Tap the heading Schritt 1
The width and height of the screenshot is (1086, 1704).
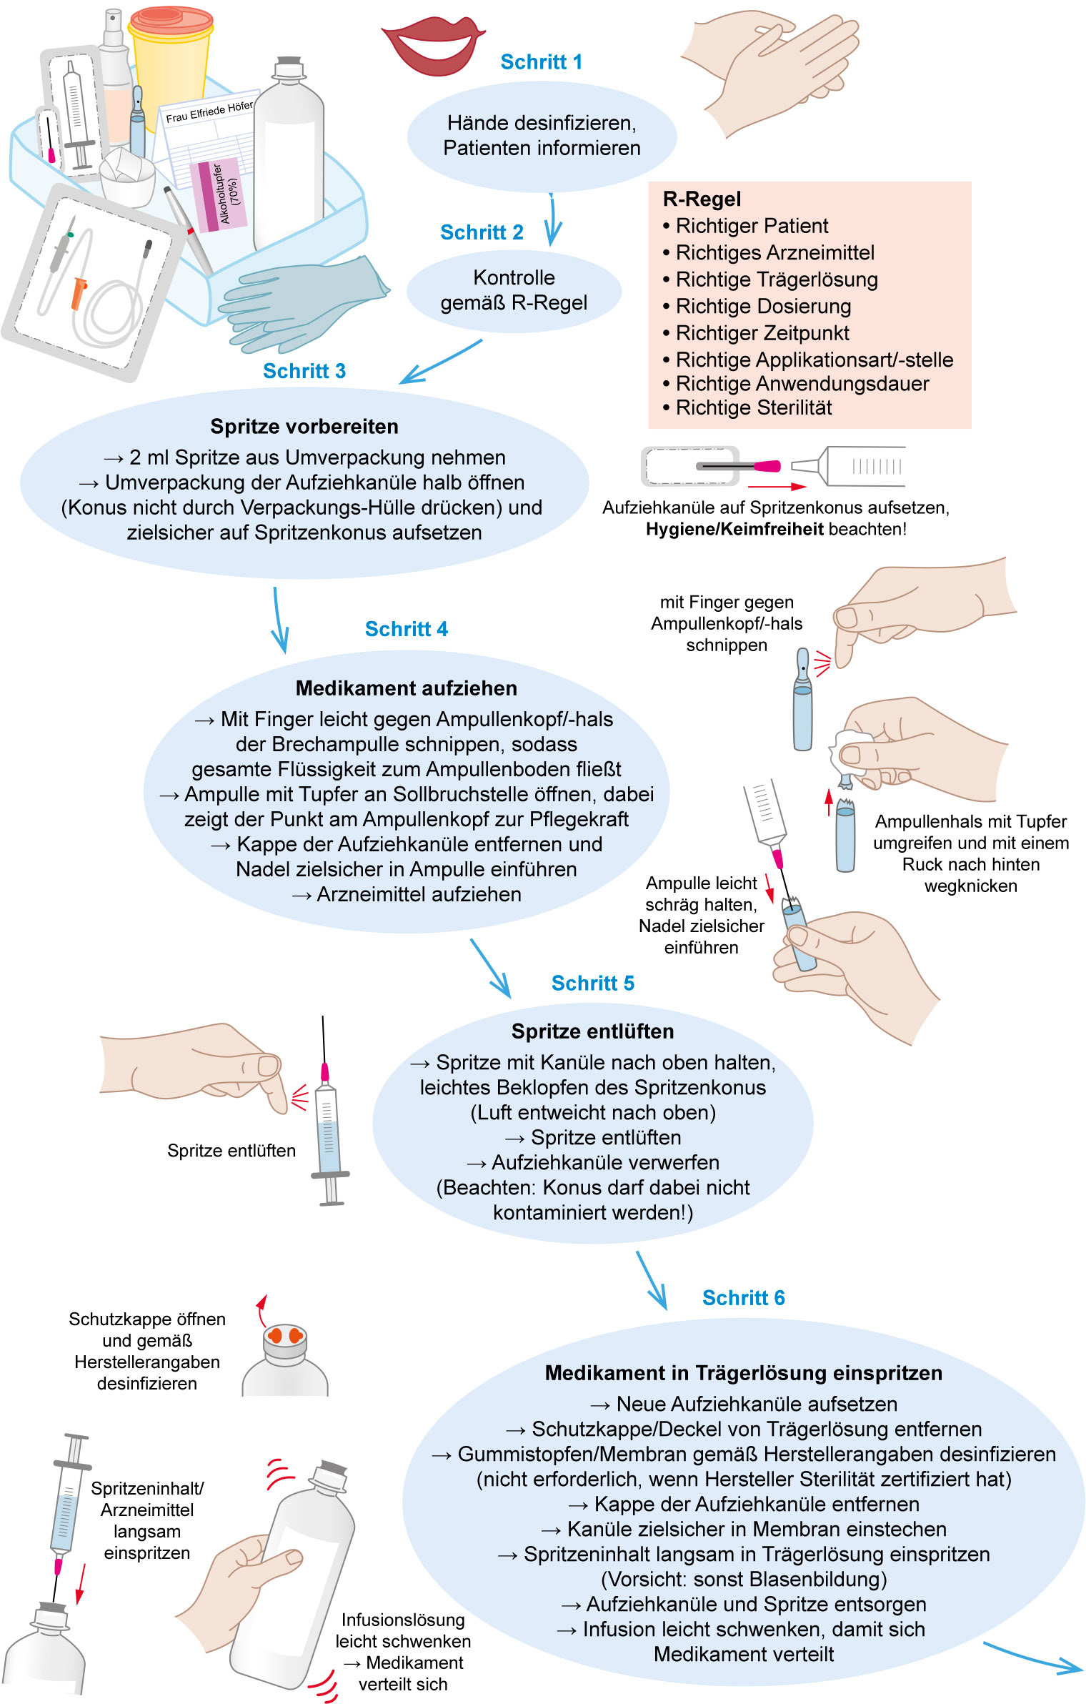[541, 62]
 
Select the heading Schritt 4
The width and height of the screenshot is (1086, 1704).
[406, 629]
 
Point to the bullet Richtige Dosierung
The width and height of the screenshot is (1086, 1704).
[763, 307]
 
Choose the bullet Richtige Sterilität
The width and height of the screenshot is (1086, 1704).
[754, 408]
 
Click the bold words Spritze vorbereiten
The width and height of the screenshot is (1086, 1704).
[304, 427]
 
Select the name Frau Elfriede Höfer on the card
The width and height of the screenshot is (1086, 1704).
[209, 112]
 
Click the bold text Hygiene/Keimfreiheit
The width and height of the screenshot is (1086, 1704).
[734, 530]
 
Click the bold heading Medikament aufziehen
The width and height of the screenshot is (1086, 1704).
[406, 688]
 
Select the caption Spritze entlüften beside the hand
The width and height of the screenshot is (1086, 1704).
[231, 1151]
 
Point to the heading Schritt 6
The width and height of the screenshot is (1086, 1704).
[743, 1298]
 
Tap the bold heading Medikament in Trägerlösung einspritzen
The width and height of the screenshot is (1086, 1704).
[743, 1373]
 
